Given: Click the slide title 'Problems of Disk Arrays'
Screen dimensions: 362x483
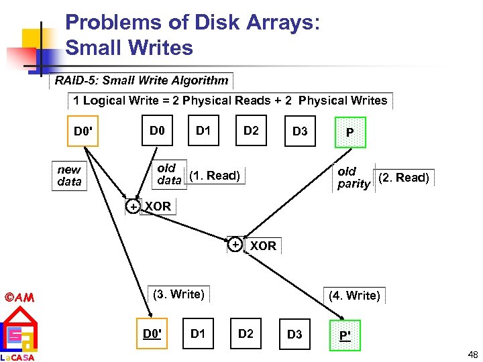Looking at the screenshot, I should point(193,23).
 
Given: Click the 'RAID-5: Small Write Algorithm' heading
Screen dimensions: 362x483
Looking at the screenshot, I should point(142,80).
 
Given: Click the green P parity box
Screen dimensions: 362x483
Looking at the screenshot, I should point(350,133).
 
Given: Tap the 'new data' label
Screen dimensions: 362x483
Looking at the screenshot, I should point(69,176).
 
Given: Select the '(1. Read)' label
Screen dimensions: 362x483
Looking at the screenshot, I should point(214,176).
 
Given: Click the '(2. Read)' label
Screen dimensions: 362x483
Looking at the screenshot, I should point(403,178).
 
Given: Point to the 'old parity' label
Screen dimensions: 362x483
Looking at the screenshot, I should point(354,178).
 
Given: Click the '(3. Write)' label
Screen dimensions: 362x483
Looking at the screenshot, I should point(178,294).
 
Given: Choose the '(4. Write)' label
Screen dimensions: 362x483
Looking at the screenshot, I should point(354,295).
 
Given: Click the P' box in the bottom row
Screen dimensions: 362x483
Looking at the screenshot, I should point(345,335).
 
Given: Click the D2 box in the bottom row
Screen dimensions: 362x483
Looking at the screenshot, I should point(246,333).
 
